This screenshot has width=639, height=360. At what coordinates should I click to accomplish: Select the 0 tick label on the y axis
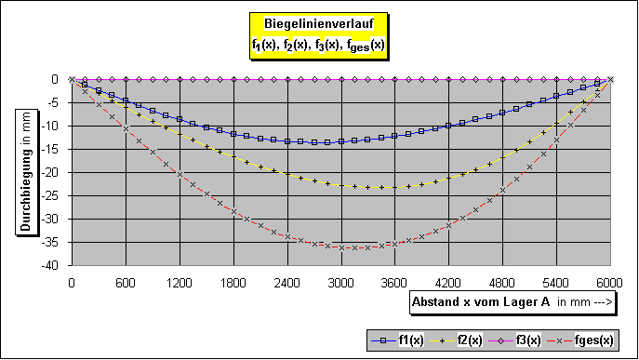click(x=59, y=79)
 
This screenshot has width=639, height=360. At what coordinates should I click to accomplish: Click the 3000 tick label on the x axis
click(x=340, y=282)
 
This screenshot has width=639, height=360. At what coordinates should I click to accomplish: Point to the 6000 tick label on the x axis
click(x=609, y=282)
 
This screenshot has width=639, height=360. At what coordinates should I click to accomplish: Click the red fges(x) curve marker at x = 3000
click(x=341, y=248)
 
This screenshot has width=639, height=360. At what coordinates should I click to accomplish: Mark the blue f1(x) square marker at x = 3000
click(x=341, y=141)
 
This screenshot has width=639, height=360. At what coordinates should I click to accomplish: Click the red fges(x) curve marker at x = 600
click(x=126, y=128)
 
